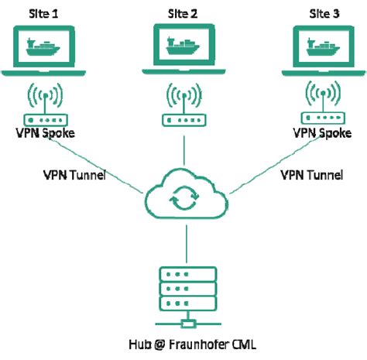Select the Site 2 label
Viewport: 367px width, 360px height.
pyautogui.click(x=183, y=13)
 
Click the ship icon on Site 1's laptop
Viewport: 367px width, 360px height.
pyautogui.click(x=49, y=48)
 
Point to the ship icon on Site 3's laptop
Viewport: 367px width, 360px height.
pyautogui.click(x=320, y=48)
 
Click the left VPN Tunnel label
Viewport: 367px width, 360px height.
pyautogui.click(x=73, y=173)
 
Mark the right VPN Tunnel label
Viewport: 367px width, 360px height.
pyautogui.click(x=309, y=173)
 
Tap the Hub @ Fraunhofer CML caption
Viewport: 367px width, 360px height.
pyautogui.click(x=183, y=343)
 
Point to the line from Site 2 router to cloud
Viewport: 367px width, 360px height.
pyautogui.click(x=183, y=151)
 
